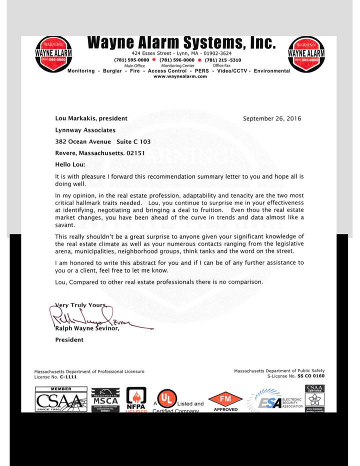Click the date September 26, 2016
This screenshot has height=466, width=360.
[272, 118]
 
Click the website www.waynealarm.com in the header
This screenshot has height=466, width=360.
[180, 76]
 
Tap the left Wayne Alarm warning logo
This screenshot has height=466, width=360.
[53, 53]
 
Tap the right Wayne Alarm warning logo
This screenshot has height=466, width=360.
[306, 53]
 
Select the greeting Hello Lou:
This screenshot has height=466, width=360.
[70, 164]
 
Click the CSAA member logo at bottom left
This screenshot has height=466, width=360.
[61, 399]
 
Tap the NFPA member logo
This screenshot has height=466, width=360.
[135, 400]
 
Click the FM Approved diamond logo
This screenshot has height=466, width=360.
[225, 400]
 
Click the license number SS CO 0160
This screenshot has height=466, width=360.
[311, 376]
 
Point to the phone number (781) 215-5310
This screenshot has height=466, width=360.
[223, 60]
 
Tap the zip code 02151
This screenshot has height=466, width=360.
[135, 153]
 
